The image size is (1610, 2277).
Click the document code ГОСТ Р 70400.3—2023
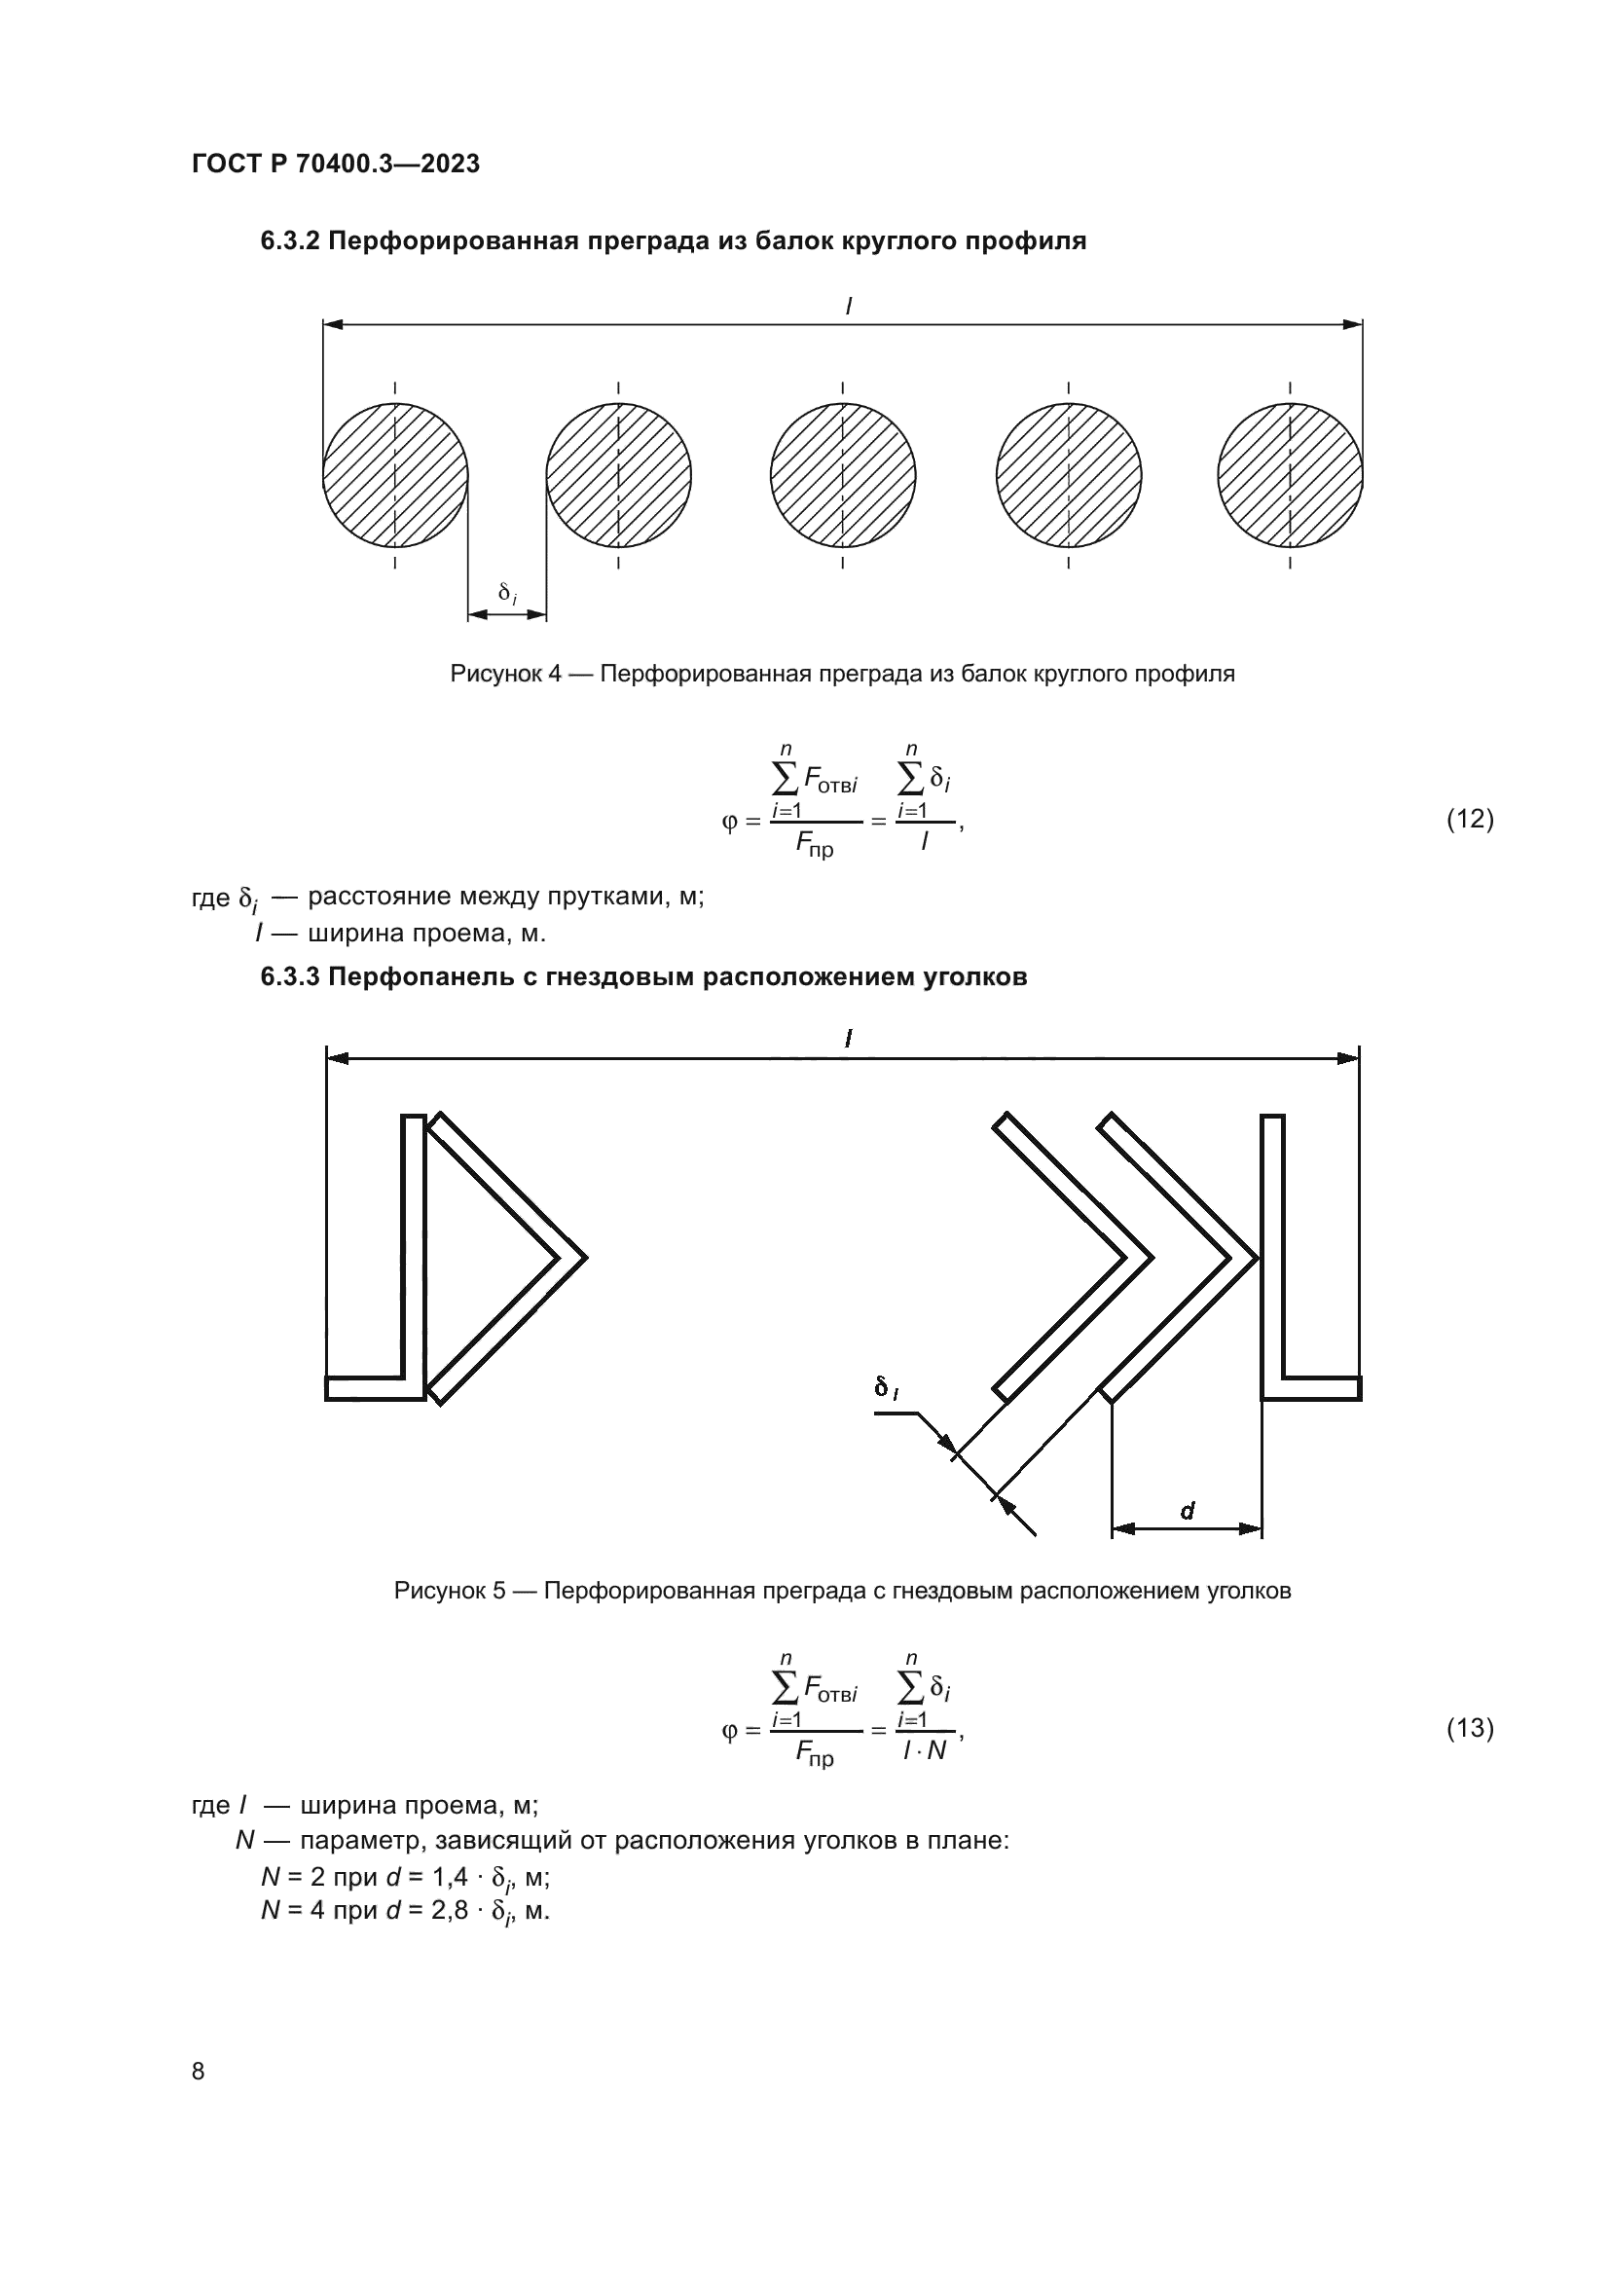click(x=335, y=164)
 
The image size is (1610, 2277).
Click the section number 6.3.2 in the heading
click(x=289, y=241)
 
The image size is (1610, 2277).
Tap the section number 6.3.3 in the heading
click(x=289, y=976)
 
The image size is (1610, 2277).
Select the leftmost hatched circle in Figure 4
click(x=395, y=475)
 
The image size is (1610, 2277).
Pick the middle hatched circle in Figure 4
click(x=843, y=475)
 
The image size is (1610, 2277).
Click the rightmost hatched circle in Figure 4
click(x=1290, y=475)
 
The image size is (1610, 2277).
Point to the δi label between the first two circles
click(x=506, y=594)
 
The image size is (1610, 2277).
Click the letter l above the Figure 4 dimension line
click(x=849, y=308)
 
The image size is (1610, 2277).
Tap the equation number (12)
click(x=1469, y=819)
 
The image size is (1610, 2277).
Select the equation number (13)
click(x=1469, y=1730)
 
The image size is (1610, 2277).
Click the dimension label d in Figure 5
click(x=1188, y=1511)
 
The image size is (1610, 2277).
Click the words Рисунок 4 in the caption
click(x=505, y=675)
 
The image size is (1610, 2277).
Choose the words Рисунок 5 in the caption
click(x=450, y=1592)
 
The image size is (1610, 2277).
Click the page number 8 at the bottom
click(x=199, y=2072)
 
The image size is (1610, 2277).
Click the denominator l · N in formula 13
click(x=924, y=1751)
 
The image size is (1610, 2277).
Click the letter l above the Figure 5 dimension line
click(x=849, y=1039)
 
